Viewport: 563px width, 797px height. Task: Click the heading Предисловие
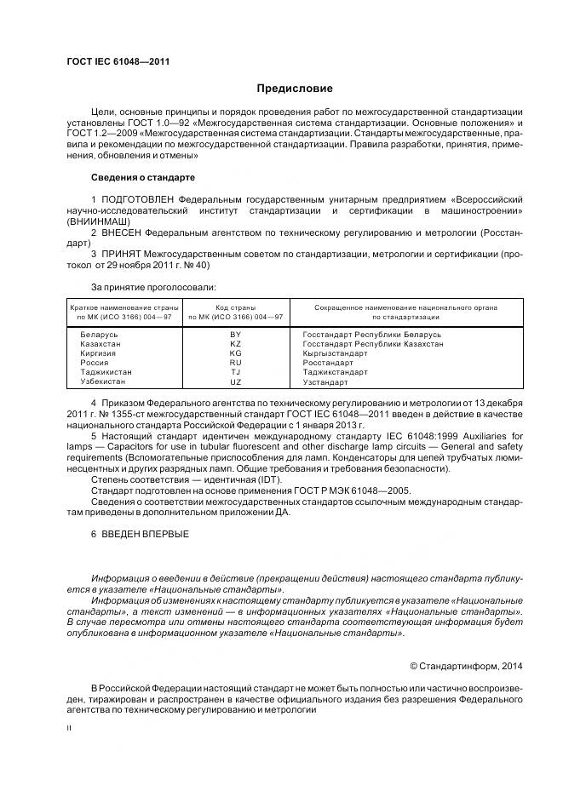tap(295, 89)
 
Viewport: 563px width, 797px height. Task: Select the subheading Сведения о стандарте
tap(143, 177)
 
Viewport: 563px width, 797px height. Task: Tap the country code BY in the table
tap(236, 335)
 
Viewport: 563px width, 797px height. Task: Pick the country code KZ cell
tap(236, 344)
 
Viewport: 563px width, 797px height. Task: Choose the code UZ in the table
tap(236, 381)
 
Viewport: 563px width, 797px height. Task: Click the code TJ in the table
tap(236, 372)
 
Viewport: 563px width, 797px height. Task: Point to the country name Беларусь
tap(99, 335)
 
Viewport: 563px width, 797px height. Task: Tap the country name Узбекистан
tap(103, 381)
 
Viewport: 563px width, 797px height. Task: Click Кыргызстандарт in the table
tap(336, 353)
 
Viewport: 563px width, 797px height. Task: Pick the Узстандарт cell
tap(326, 381)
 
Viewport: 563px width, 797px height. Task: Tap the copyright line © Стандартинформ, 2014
tap(467, 666)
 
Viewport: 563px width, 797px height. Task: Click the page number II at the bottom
tap(69, 728)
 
